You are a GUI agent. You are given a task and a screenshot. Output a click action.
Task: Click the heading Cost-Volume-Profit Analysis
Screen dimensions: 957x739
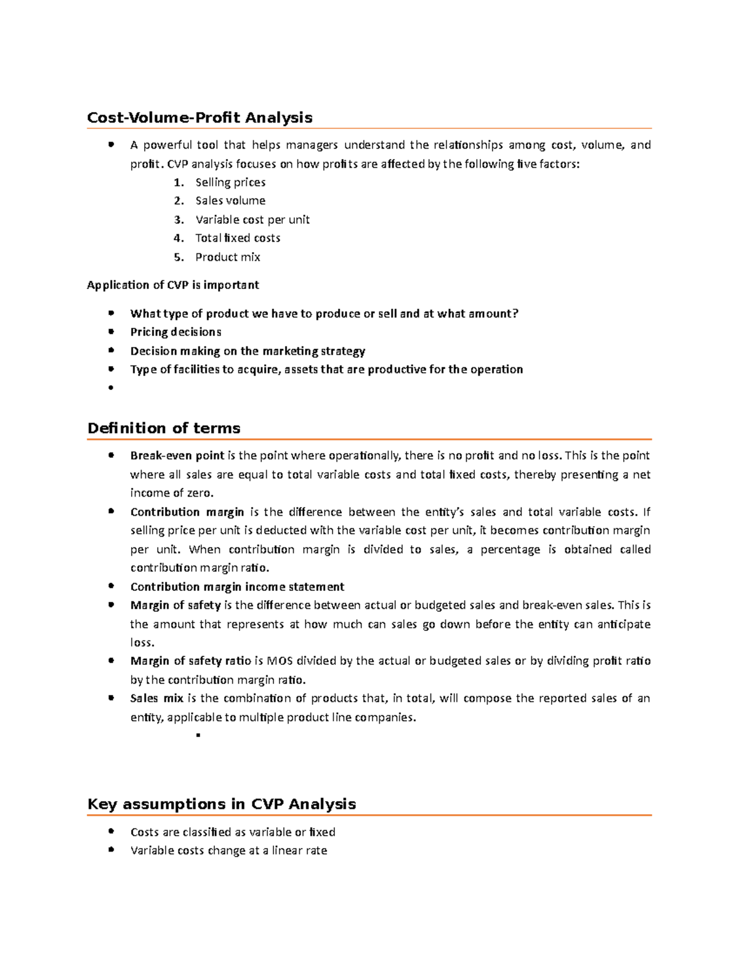point(200,118)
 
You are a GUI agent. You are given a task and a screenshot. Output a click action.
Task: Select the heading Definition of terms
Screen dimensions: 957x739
point(164,428)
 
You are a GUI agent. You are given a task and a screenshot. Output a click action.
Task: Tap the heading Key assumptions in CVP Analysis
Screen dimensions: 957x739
point(222,804)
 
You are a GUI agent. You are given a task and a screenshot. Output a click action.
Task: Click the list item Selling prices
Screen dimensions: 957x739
point(230,182)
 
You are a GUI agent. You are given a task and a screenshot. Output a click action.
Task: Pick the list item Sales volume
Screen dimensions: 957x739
point(230,201)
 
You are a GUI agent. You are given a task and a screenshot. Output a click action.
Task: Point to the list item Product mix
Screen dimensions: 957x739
point(227,257)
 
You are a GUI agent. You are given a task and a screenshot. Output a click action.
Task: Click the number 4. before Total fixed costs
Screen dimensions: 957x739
point(179,238)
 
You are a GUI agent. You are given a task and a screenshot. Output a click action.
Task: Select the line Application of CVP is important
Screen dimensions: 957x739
point(172,285)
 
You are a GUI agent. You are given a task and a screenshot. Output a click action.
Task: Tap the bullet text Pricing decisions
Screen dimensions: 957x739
point(176,332)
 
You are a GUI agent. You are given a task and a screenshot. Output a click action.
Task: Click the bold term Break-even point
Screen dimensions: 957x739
point(177,456)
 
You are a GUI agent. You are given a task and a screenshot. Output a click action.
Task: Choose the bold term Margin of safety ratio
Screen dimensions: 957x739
point(190,661)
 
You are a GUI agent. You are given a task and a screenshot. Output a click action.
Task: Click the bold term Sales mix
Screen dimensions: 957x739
point(156,698)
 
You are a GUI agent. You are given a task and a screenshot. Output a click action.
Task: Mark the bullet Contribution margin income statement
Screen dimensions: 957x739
point(237,587)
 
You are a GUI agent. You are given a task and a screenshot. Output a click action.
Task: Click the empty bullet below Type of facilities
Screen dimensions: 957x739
point(111,388)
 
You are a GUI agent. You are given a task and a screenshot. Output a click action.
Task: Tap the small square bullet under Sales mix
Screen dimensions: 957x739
point(198,735)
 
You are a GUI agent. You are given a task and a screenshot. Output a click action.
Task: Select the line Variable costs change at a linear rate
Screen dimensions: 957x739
point(228,850)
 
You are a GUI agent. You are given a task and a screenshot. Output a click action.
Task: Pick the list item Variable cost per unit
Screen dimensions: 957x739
point(252,220)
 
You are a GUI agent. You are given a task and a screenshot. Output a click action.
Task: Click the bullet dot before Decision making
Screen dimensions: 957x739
point(111,350)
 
